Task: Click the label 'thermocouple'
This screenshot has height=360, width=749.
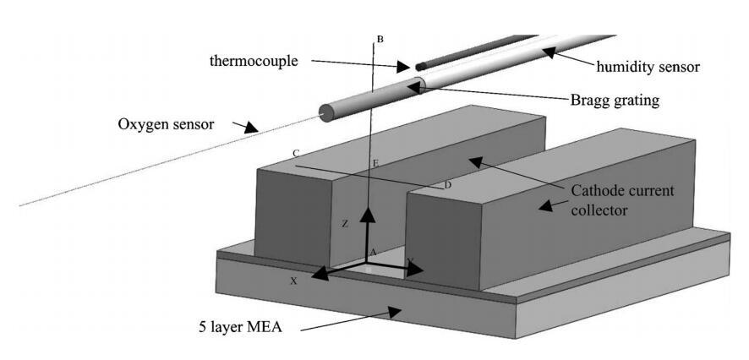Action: [254, 61]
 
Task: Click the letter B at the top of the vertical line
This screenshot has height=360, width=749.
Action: [380, 40]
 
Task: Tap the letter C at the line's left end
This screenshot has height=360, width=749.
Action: [296, 154]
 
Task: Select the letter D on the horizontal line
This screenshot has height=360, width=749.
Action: [448, 185]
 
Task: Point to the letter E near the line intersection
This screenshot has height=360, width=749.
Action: [375, 162]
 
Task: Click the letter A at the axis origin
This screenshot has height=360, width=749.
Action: [373, 253]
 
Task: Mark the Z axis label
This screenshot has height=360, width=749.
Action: [345, 224]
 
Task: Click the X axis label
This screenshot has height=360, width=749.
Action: [293, 281]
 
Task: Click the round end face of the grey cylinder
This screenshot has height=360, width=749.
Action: [325, 112]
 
